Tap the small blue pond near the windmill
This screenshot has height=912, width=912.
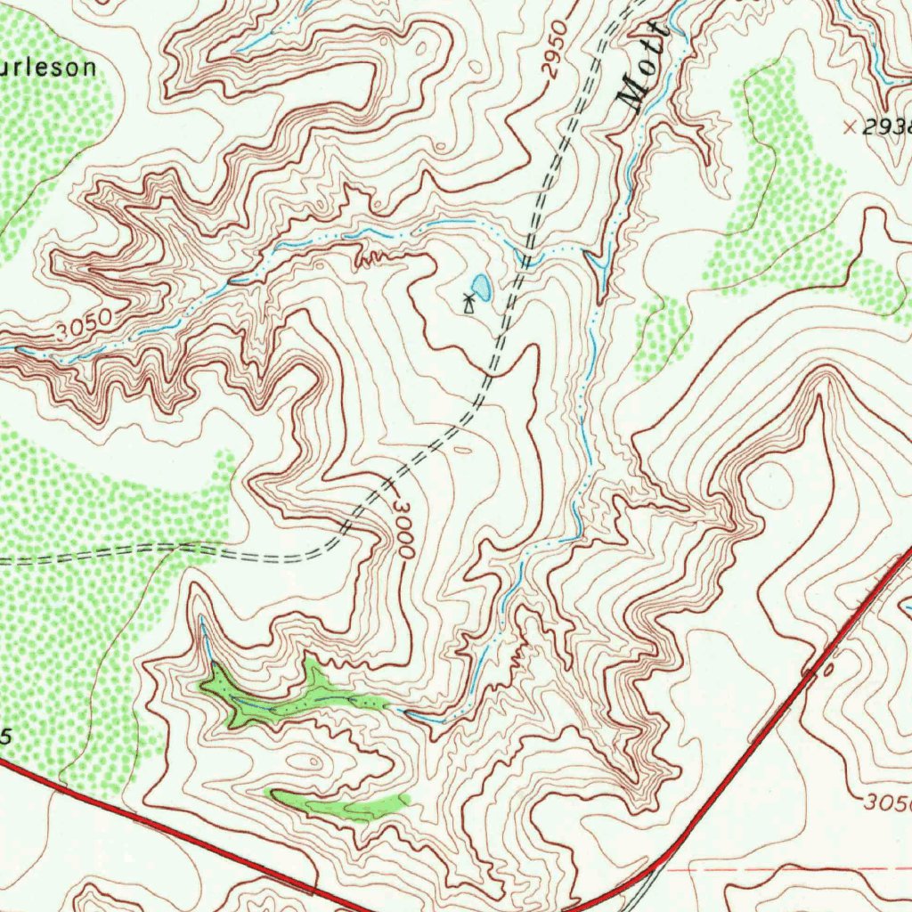pyautogui.click(x=481, y=287)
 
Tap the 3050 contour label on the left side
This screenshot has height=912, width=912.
pyautogui.click(x=83, y=325)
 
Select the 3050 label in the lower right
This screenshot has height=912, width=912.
pyautogui.click(x=887, y=802)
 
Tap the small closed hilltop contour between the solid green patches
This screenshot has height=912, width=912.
pyautogui.click(x=308, y=761)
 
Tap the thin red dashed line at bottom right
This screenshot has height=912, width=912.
pyautogui.click(x=784, y=866)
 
